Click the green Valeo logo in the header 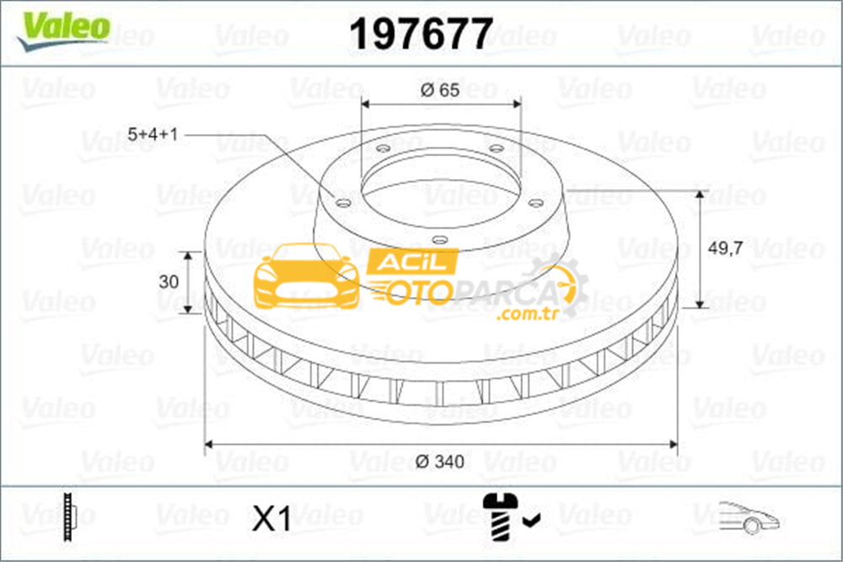click(63, 30)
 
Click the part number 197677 click(421, 34)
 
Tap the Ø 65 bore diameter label click(440, 90)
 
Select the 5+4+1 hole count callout click(153, 134)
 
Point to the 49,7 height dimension click(726, 248)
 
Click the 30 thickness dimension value click(169, 282)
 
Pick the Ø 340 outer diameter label click(440, 462)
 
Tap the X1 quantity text click(272, 519)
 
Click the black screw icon click(500, 516)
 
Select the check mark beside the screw click(531, 520)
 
